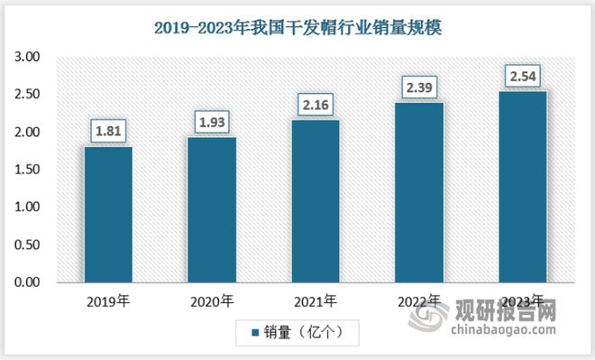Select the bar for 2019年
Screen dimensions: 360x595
pyautogui.click(x=108, y=215)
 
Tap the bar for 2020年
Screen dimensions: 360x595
pyautogui.click(x=212, y=210)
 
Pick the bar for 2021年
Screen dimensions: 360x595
pyautogui.click(x=316, y=201)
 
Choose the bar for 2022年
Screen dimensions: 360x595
pyautogui.click(x=419, y=192)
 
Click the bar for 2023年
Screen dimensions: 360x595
pyautogui.click(x=523, y=187)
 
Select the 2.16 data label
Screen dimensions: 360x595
pyautogui.click(x=316, y=105)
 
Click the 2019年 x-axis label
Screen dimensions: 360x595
pyautogui.click(x=108, y=301)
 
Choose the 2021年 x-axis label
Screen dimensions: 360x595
pyautogui.click(x=316, y=301)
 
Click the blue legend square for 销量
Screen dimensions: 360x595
pyautogui.click(x=255, y=333)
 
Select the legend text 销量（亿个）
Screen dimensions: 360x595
pyautogui.click(x=302, y=333)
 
